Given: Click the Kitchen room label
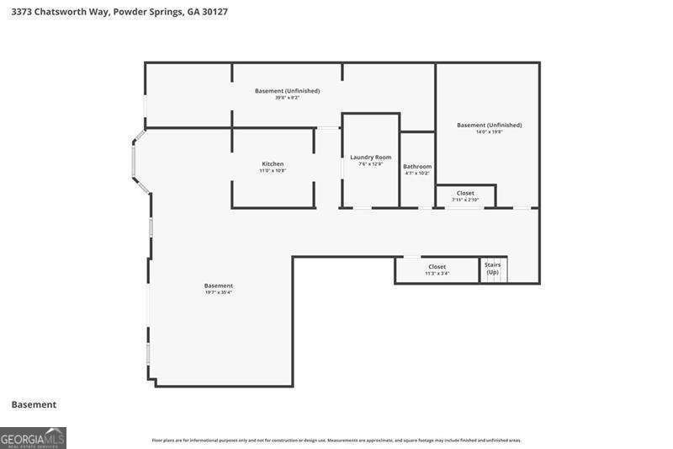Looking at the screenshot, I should click(273, 163).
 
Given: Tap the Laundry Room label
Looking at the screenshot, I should click(371, 157).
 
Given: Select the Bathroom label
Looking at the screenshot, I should click(417, 166).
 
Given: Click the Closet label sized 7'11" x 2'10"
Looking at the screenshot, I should click(465, 193).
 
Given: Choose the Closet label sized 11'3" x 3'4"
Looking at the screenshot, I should click(437, 266).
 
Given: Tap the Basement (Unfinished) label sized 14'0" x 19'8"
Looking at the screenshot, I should click(490, 125).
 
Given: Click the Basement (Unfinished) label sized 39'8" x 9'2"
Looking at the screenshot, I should click(288, 90).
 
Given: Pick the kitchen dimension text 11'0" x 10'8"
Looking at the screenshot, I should click(273, 171).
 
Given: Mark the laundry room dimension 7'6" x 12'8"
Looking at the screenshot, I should click(371, 164).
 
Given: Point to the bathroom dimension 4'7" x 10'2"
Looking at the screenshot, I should click(417, 174).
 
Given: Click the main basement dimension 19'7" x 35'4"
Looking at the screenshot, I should click(219, 292).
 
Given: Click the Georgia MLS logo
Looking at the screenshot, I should click(33, 438).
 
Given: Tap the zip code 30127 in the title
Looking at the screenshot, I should click(212, 12).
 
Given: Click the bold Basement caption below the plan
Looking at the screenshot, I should click(34, 404).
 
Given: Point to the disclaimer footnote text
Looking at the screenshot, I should click(336, 440).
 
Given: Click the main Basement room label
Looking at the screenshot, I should click(219, 286).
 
